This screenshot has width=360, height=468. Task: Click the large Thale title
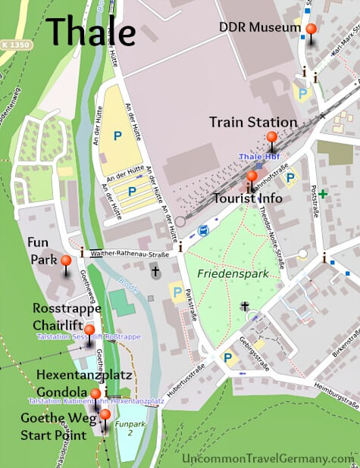(x=91, y=31)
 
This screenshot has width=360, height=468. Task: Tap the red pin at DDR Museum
(x=310, y=30)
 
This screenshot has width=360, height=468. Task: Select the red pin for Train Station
(x=271, y=138)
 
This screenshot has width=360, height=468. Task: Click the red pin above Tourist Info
(x=252, y=177)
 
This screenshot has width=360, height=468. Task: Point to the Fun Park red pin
(x=66, y=262)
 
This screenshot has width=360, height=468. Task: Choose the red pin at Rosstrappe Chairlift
(x=89, y=330)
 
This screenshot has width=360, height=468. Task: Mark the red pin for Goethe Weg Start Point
(x=105, y=415)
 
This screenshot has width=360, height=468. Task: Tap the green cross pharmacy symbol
(x=324, y=195)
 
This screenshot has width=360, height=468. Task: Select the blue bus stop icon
(x=202, y=229)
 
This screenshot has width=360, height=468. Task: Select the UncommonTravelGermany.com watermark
(x=268, y=458)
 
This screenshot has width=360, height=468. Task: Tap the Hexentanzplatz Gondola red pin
(x=95, y=394)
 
